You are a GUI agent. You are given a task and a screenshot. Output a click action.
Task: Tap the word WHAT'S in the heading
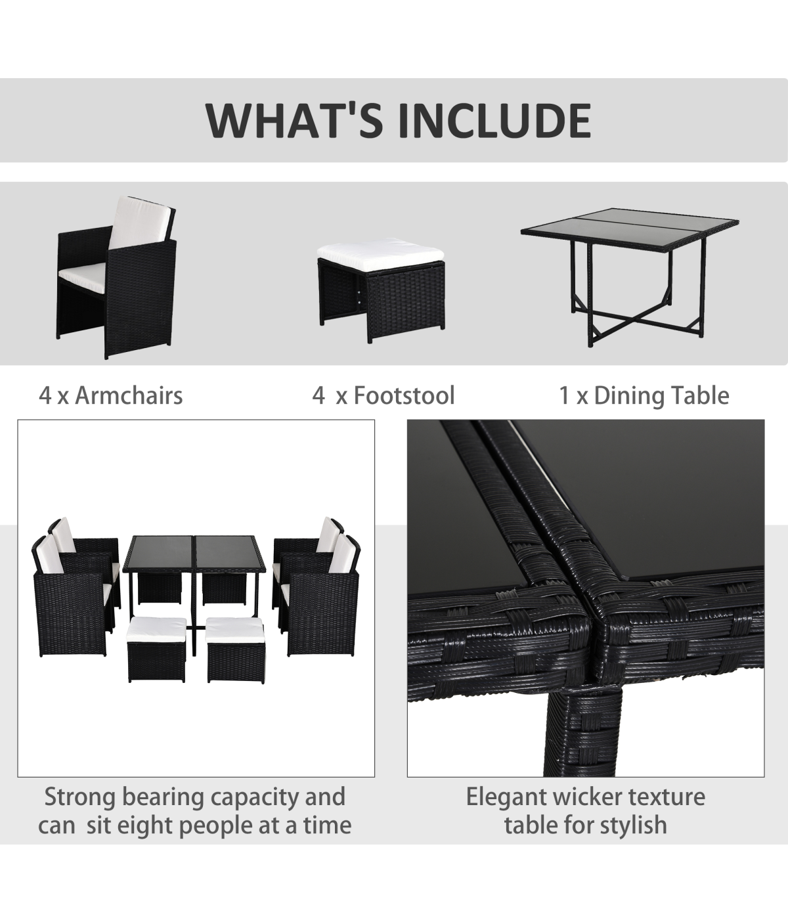click(x=294, y=121)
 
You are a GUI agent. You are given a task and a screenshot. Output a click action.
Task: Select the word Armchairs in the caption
click(x=129, y=395)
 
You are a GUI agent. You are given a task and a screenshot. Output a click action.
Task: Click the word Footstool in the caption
click(x=404, y=395)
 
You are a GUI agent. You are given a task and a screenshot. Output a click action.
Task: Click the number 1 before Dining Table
click(x=564, y=396)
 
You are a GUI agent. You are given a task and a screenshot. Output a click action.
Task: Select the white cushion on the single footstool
click(x=380, y=255)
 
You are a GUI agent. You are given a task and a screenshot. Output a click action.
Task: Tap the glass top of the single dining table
click(x=630, y=229)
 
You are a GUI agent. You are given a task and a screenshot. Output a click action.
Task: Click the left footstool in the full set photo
click(x=157, y=649)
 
